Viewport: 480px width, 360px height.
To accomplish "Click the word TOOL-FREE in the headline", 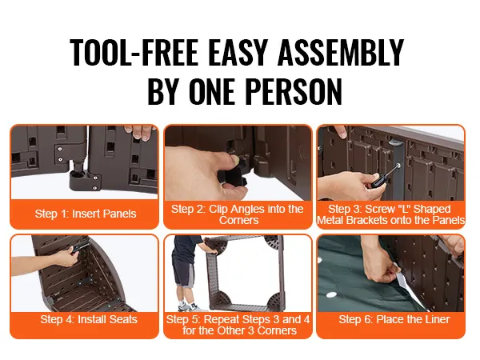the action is [134, 52].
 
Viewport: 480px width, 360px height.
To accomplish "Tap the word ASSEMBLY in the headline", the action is [341, 52].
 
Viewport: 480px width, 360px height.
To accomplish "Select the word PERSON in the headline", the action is [294, 91].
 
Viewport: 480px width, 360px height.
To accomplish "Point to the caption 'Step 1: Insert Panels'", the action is [86, 214].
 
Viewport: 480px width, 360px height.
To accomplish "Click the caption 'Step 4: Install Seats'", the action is [89, 319].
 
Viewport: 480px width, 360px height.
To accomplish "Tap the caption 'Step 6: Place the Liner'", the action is [394, 319].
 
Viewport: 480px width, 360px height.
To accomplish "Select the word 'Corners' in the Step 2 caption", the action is [238, 220].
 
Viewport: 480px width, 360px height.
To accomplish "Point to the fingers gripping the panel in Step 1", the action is [140, 132].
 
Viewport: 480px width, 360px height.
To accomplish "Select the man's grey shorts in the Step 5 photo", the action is [183, 272].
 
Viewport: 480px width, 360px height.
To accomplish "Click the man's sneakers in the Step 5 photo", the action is [189, 306].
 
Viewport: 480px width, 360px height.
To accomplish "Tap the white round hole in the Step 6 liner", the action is [331, 295].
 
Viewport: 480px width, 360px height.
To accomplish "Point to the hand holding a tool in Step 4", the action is [66, 257].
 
